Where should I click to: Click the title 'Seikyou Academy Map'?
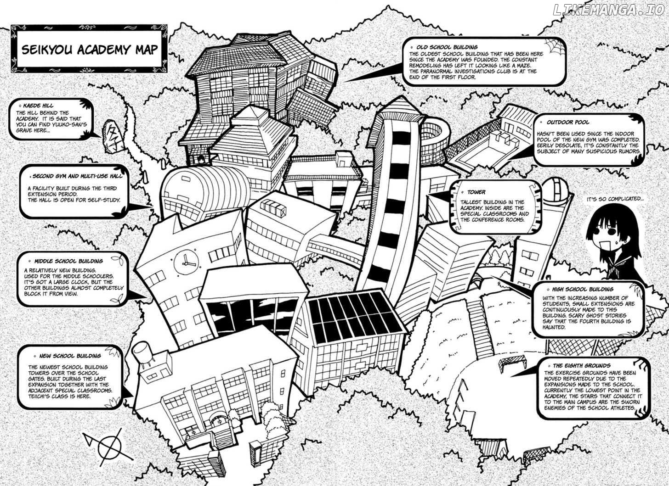click(x=90, y=50)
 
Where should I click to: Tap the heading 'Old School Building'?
click(x=447, y=47)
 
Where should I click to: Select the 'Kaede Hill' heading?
click(x=38, y=106)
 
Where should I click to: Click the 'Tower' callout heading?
click(x=476, y=192)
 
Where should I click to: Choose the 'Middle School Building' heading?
click(x=68, y=261)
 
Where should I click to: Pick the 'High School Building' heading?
click(x=583, y=289)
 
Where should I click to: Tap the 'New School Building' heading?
click(x=70, y=356)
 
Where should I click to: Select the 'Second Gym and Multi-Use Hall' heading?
click(x=77, y=176)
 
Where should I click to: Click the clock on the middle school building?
click(x=186, y=262)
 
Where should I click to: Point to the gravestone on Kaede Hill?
click(x=111, y=138)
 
